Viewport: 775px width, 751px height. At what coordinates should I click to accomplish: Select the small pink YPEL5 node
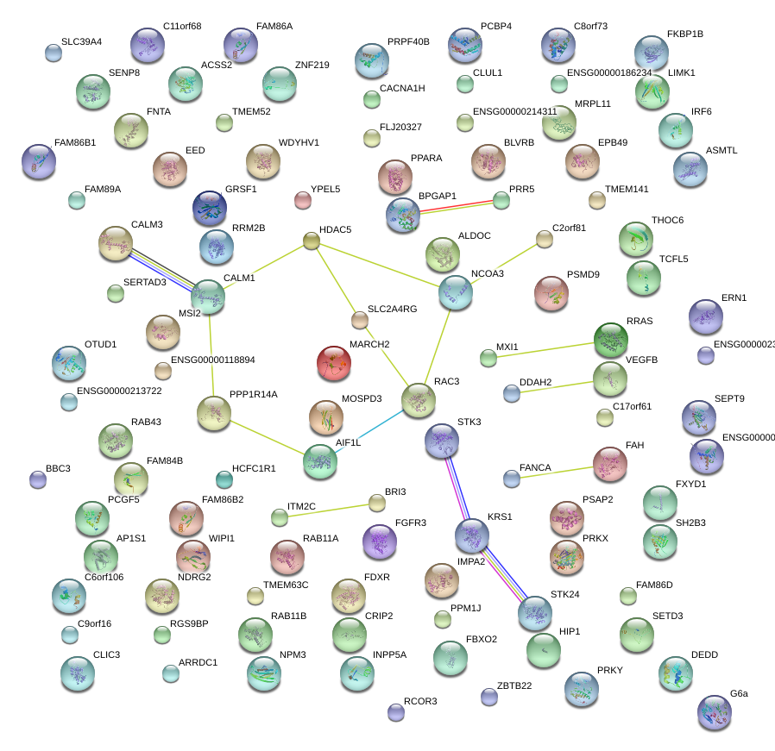point(302,200)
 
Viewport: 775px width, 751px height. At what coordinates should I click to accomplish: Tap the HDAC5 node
point(312,241)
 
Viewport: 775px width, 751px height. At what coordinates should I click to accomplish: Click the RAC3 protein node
point(419,399)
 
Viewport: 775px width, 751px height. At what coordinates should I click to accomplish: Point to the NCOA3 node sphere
point(455,293)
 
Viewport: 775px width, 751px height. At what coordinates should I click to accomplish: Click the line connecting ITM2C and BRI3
point(328,510)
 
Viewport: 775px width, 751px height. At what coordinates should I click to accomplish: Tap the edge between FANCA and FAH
point(552,471)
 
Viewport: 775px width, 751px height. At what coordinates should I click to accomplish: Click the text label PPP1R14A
point(254,394)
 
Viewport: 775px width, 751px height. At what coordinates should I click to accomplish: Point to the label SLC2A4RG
point(392,309)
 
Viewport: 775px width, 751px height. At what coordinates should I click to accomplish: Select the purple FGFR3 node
point(380,541)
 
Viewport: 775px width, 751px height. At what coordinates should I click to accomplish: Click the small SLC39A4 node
point(54,53)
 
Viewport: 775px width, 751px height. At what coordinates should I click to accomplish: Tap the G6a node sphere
point(714,712)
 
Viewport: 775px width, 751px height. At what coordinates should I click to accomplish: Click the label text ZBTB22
point(514,685)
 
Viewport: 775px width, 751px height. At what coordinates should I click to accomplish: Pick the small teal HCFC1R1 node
point(224,479)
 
